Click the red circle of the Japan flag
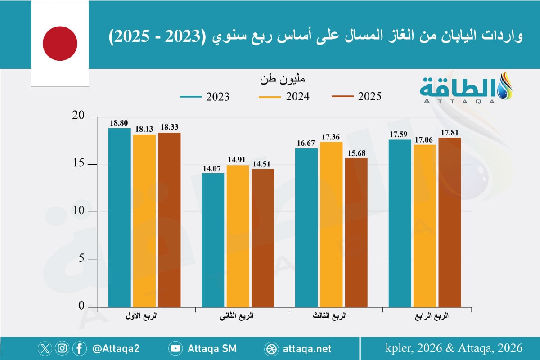tap(60, 43)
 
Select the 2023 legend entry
tap(204, 97)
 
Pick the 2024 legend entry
tap(283, 97)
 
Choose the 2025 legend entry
tap(356, 97)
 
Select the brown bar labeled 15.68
tap(356, 232)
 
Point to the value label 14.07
tap(213, 168)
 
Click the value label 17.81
tap(450, 133)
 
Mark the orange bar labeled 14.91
tap(238, 236)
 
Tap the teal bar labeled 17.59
tap(400, 223)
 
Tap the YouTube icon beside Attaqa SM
tap(175, 348)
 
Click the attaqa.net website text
tap(308, 348)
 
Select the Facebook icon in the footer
tap(79, 348)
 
